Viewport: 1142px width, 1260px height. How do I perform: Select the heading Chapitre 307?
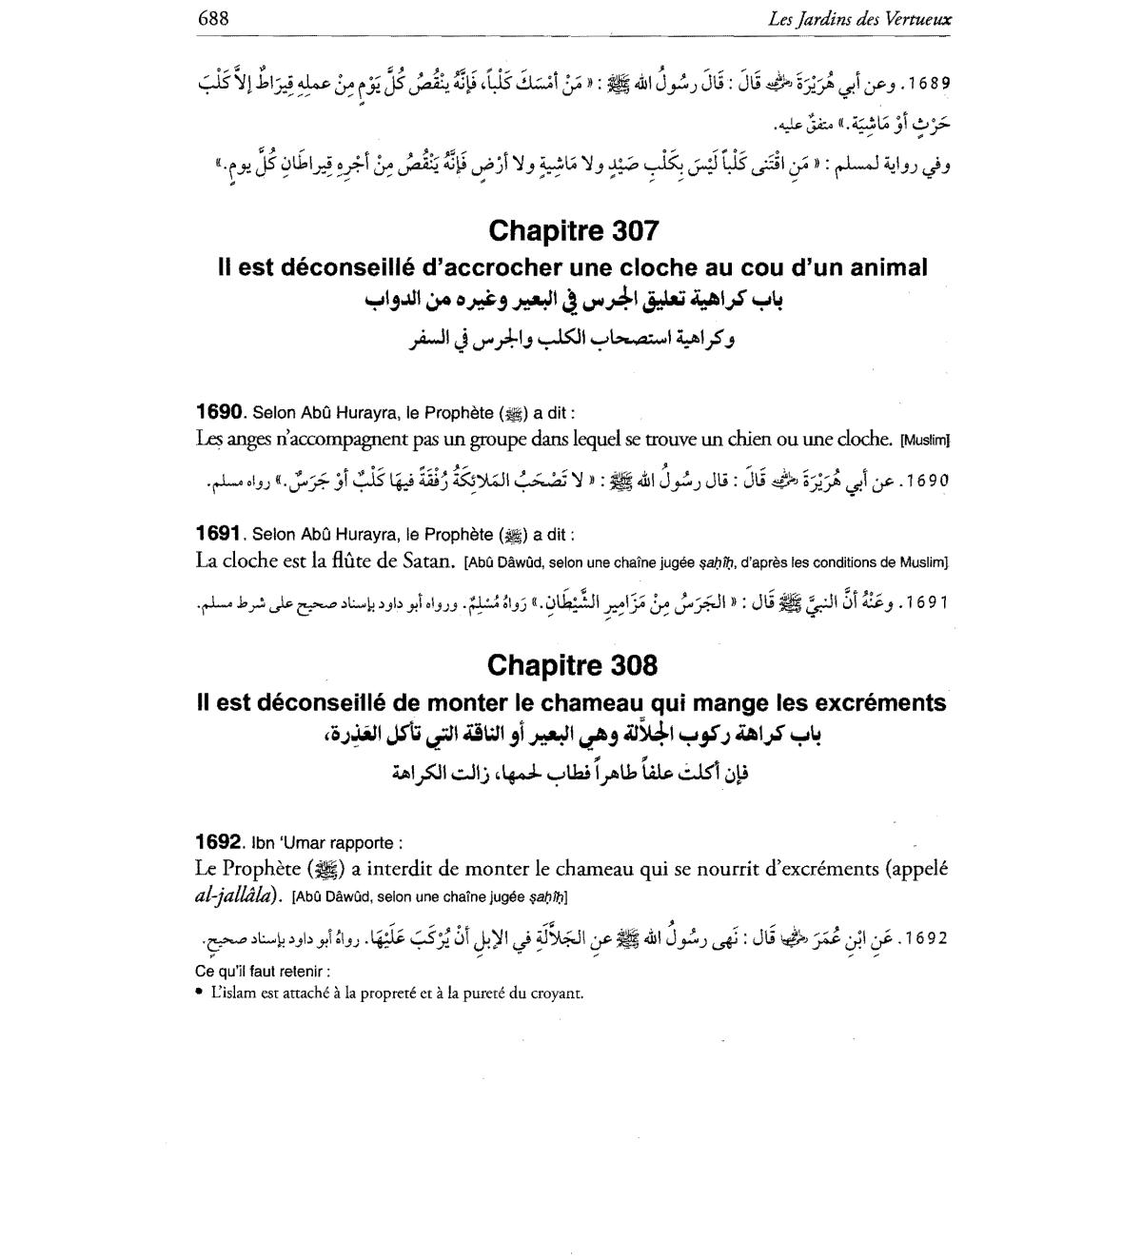(x=573, y=231)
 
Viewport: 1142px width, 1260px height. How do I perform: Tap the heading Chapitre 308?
(x=572, y=665)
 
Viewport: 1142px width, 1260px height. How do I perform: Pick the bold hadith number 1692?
(x=217, y=842)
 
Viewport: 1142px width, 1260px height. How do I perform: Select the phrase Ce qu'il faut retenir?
(x=263, y=973)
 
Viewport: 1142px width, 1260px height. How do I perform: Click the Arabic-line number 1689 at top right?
(x=928, y=82)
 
